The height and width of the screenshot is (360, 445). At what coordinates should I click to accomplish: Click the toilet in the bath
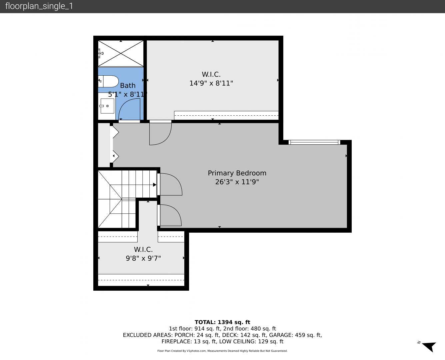[x=108, y=81]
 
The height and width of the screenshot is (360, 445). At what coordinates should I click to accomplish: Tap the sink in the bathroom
[x=107, y=106]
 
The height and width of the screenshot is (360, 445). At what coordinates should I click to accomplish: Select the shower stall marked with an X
[x=121, y=53]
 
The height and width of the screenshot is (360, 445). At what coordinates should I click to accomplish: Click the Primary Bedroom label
[x=237, y=173]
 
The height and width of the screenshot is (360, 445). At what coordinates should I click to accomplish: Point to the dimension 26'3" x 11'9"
[x=237, y=182]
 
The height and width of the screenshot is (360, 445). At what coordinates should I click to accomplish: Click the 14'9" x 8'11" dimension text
[x=211, y=83]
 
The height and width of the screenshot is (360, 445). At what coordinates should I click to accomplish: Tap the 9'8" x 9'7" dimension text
[x=143, y=258]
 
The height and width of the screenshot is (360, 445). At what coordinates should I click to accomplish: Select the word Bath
[x=128, y=85]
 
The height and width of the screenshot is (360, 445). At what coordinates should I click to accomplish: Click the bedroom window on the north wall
[x=314, y=142]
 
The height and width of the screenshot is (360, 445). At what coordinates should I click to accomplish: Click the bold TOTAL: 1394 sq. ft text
[x=222, y=322]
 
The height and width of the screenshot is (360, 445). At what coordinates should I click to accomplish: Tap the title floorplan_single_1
[x=39, y=6]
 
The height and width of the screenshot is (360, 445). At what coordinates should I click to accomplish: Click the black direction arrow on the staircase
[x=155, y=185]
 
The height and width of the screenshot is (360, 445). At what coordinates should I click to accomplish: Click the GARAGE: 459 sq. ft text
[x=295, y=335]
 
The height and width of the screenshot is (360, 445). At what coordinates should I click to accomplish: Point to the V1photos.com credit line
[x=222, y=351]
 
